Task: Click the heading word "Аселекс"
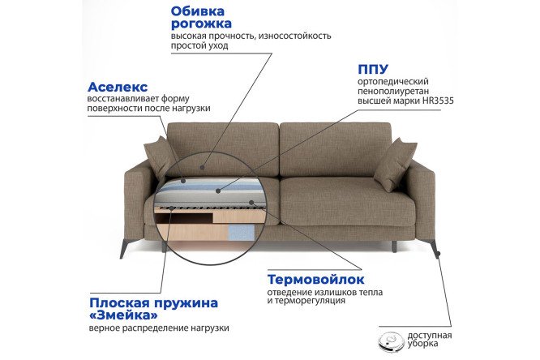pos(118,87)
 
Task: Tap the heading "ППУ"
pos(373,69)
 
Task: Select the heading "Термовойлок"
pos(315,280)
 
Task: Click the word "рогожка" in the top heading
pos(201,24)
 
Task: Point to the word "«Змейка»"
pos(123,315)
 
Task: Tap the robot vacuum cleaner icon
pos(391,341)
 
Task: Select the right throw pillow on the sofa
pos(395,165)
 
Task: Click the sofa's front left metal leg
pos(125,248)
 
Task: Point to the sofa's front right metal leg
pos(431,247)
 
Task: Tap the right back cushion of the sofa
pos(336,150)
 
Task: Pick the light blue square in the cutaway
pos(241,233)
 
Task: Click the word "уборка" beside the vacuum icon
pos(423,344)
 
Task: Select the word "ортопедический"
pos(393,82)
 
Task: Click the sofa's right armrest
pos(422,199)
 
